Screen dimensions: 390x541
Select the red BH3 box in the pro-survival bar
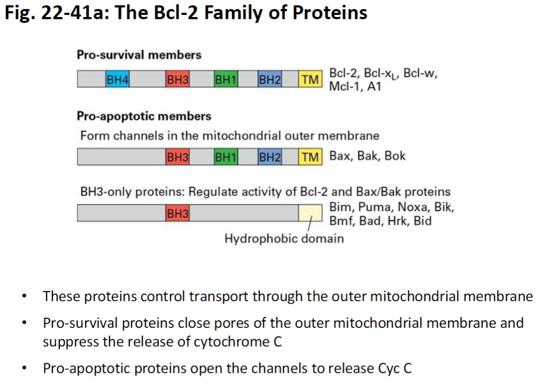(178, 80)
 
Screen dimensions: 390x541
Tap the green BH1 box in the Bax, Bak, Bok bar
(226, 157)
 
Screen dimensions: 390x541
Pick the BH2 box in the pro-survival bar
(270, 80)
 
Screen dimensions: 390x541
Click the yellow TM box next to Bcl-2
(310, 80)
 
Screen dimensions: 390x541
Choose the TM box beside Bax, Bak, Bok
(310, 157)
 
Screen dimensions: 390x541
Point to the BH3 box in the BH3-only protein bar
(178, 213)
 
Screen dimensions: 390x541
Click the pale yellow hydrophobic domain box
(310, 213)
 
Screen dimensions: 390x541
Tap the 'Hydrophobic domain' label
(284, 238)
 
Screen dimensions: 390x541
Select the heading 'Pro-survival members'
(139, 55)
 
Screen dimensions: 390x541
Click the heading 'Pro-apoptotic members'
(144, 116)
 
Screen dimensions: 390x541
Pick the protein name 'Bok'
(395, 156)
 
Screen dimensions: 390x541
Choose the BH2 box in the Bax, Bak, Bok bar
(270, 157)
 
